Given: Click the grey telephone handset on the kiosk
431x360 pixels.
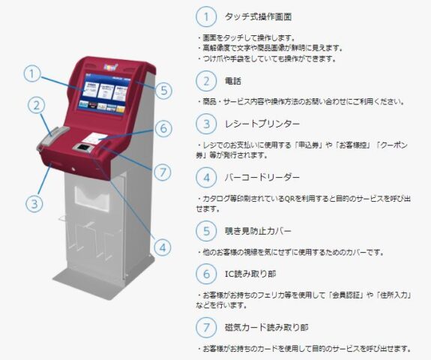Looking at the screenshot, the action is pyautogui.click(x=52, y=138).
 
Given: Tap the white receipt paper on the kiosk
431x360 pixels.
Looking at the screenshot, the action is pyautogui.click(x=94, y=139).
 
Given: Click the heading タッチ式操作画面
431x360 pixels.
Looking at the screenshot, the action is pyautogui.click(x=258, y=16).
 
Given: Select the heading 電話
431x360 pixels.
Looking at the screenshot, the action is pyautogui.click(x=233, y=81).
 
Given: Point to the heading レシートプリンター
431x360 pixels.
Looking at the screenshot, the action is pyautogui.click(x=262, y=124).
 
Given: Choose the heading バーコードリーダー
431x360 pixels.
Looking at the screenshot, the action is pyautogui.click(x=262, y=178).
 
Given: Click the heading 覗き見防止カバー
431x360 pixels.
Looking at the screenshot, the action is pyautogui.click(x=258, y=231).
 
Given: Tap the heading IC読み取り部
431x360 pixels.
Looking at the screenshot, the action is pyautogui.click(x=250, y=274).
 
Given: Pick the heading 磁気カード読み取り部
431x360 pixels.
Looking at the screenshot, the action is pyautogui.click(x=266, y=328).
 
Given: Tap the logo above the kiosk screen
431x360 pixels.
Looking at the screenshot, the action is pyautogui.click(x=111, y=67).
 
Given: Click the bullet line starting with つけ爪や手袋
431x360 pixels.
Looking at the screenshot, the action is pyautogui.click(x=266, y=58).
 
